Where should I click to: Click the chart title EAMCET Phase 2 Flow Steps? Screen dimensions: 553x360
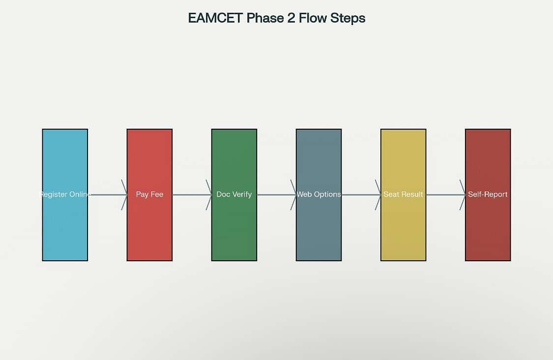276,18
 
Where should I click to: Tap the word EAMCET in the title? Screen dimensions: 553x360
215,18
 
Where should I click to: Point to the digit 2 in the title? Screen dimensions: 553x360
291,18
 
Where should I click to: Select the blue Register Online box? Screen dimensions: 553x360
65,195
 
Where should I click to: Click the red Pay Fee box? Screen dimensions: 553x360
149,195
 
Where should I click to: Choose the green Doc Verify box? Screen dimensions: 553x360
234,195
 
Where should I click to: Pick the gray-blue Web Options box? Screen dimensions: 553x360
319,195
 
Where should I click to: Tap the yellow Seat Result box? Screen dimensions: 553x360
404,195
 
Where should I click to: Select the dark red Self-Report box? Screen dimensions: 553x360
488,195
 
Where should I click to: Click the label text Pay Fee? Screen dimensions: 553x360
149,194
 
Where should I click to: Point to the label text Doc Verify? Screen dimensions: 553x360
234,194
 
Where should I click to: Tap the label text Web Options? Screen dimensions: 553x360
319,194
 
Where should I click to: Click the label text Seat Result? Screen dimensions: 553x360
403,194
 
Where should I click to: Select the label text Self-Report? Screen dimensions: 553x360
488,194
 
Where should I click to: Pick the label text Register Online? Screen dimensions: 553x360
65,194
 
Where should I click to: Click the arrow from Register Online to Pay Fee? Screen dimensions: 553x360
108,195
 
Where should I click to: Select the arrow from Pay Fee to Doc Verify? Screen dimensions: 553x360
192,195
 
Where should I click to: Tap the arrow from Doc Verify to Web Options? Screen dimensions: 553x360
277,195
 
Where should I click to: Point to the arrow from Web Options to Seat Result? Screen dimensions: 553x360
361,195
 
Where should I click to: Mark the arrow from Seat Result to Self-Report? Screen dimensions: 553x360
446,195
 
